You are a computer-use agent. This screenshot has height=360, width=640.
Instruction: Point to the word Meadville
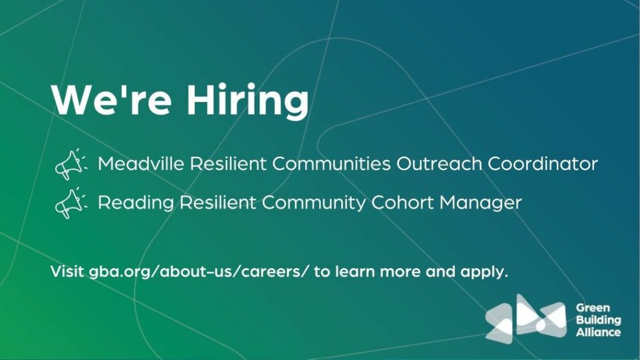[141, 164]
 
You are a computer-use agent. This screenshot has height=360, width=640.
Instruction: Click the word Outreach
[439, 164]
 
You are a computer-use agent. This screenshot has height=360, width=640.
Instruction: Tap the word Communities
[331, 164]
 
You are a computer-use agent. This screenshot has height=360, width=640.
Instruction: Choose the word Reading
[136, 203]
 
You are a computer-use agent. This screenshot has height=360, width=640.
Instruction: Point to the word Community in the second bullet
[314, 203]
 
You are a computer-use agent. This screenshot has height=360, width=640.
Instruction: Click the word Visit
[67, 271]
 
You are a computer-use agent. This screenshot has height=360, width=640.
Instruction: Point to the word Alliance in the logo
[598, 332]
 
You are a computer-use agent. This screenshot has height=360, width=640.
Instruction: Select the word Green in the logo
[593, 307]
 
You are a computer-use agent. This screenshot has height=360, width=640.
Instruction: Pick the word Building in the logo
[598, 321]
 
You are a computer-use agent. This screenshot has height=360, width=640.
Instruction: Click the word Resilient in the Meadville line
[229, 164]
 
